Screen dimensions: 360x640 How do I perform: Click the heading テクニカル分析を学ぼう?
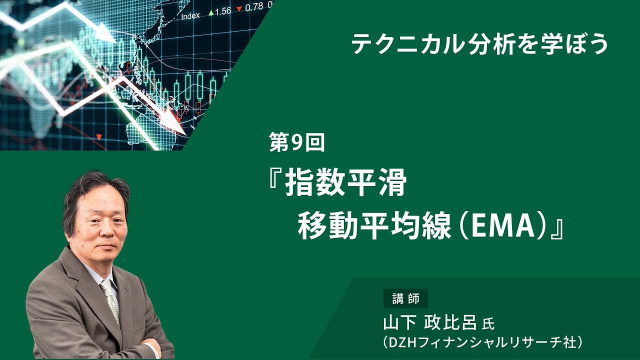pyautogui.click(x=479, y=44)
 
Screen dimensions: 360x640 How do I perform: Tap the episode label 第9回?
pyautogui.click(x=297, y=143)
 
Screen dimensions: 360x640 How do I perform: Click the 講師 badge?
pyautogui.click(x=405, y=299)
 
